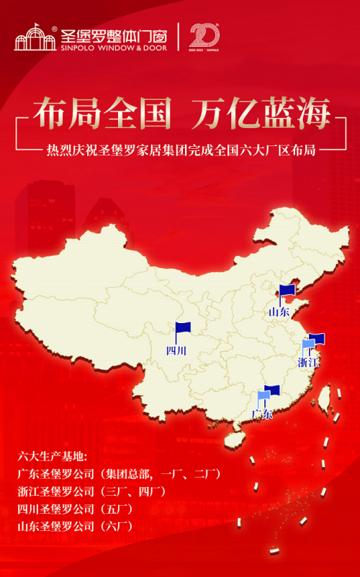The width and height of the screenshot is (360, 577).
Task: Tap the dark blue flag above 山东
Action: (287, 291)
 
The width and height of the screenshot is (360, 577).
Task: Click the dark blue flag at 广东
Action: (272, 391)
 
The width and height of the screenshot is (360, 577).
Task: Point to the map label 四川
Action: (176, 351)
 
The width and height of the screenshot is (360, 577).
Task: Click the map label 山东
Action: (279, 312)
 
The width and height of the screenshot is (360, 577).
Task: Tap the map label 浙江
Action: (308, 363)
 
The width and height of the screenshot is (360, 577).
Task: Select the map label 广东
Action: (263, 415)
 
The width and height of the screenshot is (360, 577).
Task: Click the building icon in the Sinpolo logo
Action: (35, 37)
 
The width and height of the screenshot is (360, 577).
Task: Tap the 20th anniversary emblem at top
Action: (204, 36)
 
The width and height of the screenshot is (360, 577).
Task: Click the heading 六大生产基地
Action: (51, 457)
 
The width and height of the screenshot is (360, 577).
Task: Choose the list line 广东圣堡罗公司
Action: (118, 474)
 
